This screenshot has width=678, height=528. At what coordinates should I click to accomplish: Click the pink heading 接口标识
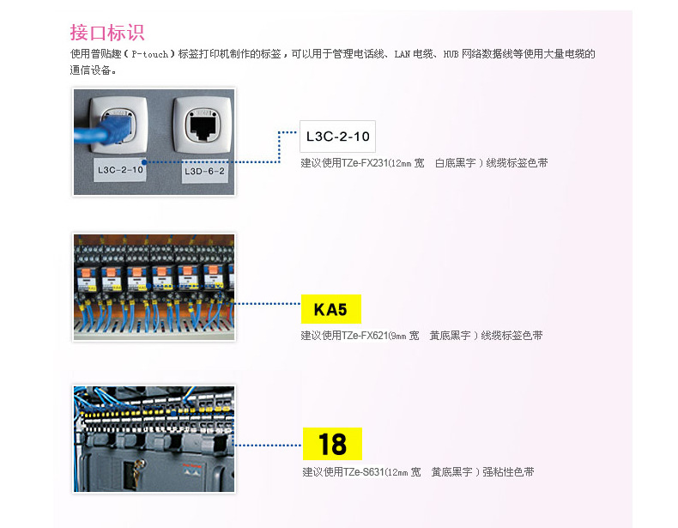[x=107, y=33]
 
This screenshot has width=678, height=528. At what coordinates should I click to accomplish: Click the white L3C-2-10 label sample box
[x=337, y=137]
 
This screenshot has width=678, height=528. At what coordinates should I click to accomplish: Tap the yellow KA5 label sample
[x=330, y=309]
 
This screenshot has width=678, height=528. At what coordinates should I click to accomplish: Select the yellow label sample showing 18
[x=332, y=444]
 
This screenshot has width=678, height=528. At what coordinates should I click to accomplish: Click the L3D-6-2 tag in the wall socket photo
[x=204, y=171]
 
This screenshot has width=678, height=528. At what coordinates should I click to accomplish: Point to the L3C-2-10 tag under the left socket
[x=119, y=170]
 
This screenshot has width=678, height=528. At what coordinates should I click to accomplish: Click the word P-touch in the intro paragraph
[x=151, y=54]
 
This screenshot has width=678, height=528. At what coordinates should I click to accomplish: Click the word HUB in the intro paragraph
[x=452, y=54]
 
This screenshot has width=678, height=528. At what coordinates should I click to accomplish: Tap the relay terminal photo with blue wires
[x=154, y=287]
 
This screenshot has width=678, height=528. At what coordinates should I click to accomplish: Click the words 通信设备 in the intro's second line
[x=91, y=70]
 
